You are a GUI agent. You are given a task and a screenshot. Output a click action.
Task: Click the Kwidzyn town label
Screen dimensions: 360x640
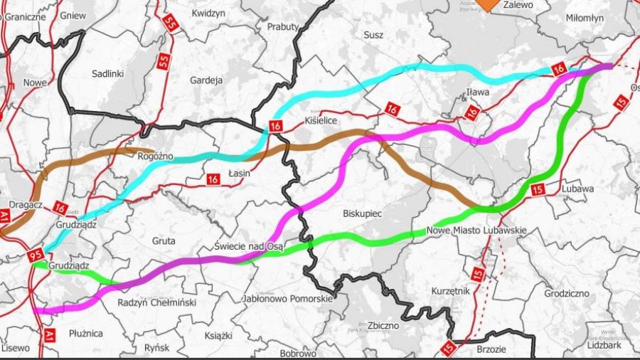click(208, 13)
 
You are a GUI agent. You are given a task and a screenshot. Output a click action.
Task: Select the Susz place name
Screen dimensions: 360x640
click(373, 34)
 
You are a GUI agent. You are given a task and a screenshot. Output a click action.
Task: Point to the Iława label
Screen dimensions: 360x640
click(478, 90)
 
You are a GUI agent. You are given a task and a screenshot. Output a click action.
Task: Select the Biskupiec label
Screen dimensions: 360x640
click(363, 212)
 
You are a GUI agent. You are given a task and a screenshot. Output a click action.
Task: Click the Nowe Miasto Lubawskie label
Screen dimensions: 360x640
click(476, 231)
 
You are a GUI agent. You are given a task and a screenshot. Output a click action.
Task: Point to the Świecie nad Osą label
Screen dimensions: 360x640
click(249, 246)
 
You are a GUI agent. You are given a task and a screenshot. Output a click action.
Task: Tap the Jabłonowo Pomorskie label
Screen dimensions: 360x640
click(287, 299)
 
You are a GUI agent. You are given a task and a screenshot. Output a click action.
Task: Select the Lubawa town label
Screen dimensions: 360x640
click(577, 189)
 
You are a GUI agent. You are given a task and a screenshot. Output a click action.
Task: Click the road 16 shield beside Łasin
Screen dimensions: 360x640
click(213, 180)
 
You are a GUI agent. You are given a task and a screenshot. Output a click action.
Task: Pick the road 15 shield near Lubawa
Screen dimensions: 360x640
click(538, 189)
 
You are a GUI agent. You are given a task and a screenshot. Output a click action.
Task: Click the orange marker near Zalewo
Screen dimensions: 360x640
click(488, 4)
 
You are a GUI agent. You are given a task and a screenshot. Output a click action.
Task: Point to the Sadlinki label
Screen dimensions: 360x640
click(108, 73)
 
